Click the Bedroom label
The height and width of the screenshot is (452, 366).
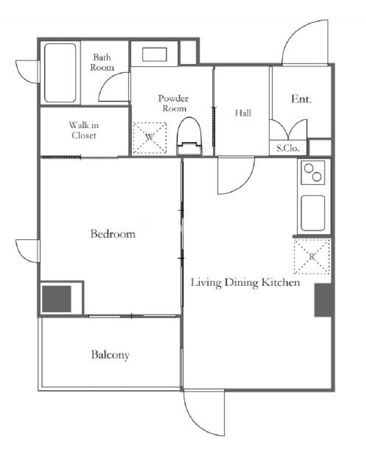(x=113, y=234)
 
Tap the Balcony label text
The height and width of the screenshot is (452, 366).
(x=110, y=355)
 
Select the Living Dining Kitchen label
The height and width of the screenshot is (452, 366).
(x=245, y=282)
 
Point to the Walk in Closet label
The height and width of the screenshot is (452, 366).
(x=84, y=130)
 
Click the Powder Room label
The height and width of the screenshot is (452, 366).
(x=173, y=103)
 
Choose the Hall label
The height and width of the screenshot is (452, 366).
(x=243, y=112)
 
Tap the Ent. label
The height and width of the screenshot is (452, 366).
(x=301, y=99)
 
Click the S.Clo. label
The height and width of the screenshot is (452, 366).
(x=288, y=148)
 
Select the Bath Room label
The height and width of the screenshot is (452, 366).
(x=102, y=62)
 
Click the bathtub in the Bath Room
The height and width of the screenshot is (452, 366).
(x=60, y=73)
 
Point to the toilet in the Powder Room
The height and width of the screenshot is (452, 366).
(x=189, y=136)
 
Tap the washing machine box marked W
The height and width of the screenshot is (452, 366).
(x=150, y=138)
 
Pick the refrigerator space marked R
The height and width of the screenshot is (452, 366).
(x=312, y=256)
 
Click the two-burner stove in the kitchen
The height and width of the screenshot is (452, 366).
(x=313, y=172)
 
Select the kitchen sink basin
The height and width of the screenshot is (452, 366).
(x=313, y=213)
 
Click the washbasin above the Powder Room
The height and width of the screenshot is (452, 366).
(x=154, y=54)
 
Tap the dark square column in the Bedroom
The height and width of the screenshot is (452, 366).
(x=57, y=299)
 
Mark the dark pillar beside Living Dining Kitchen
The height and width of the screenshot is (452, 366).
(x=323, y=300)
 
